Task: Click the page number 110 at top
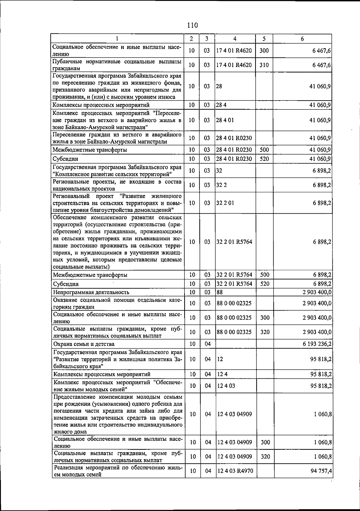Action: click(192, 25)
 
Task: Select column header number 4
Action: click(235, 39)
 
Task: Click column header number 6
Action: click(302, 39)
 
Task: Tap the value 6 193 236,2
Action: click(317, 344)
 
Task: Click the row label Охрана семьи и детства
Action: click(84, 344)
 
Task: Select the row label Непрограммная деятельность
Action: click(91, 292)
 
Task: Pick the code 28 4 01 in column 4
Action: click(225, 120)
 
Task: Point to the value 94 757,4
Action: click(321, 471)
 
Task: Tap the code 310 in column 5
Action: click(264, 65)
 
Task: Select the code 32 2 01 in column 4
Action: click(225, 203)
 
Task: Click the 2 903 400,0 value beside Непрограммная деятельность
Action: click(317, 292)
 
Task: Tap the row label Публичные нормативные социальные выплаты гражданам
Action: click(117, 65)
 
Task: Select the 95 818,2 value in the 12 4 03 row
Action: click(321, 386)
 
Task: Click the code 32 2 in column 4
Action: click(222, 185)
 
